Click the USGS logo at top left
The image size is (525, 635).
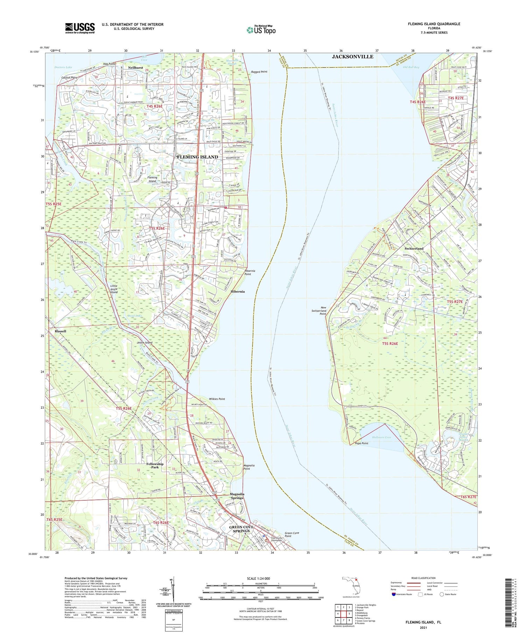tap(80, 28)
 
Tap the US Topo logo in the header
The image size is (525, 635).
tap(261, 30)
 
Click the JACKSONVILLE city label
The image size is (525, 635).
tap(352, 56)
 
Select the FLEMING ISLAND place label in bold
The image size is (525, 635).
tap(197, 157)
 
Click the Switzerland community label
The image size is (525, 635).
tap(414, 248)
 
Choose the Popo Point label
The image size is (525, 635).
tap(362, 443)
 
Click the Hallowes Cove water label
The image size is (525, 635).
tap(381, 437)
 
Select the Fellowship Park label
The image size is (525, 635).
tap(155, 465)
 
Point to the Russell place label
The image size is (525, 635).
tap(60, 331)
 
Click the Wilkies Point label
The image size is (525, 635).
tap(217, 399)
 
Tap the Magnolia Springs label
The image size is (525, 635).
tap(237, 496)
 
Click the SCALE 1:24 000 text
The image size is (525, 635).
tap(258, 579)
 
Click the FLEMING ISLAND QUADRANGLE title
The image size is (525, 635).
tap(434, 24)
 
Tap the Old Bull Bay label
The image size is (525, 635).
tap(411, 67)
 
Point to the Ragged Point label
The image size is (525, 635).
tap(259, 72)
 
